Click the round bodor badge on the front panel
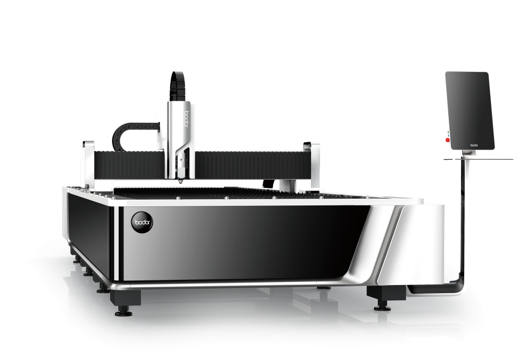[x=142, y=222]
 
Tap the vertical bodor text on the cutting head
[x=187, y=119]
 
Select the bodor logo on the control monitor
[x=474, y=145]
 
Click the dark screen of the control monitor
[x=470, y=111]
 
